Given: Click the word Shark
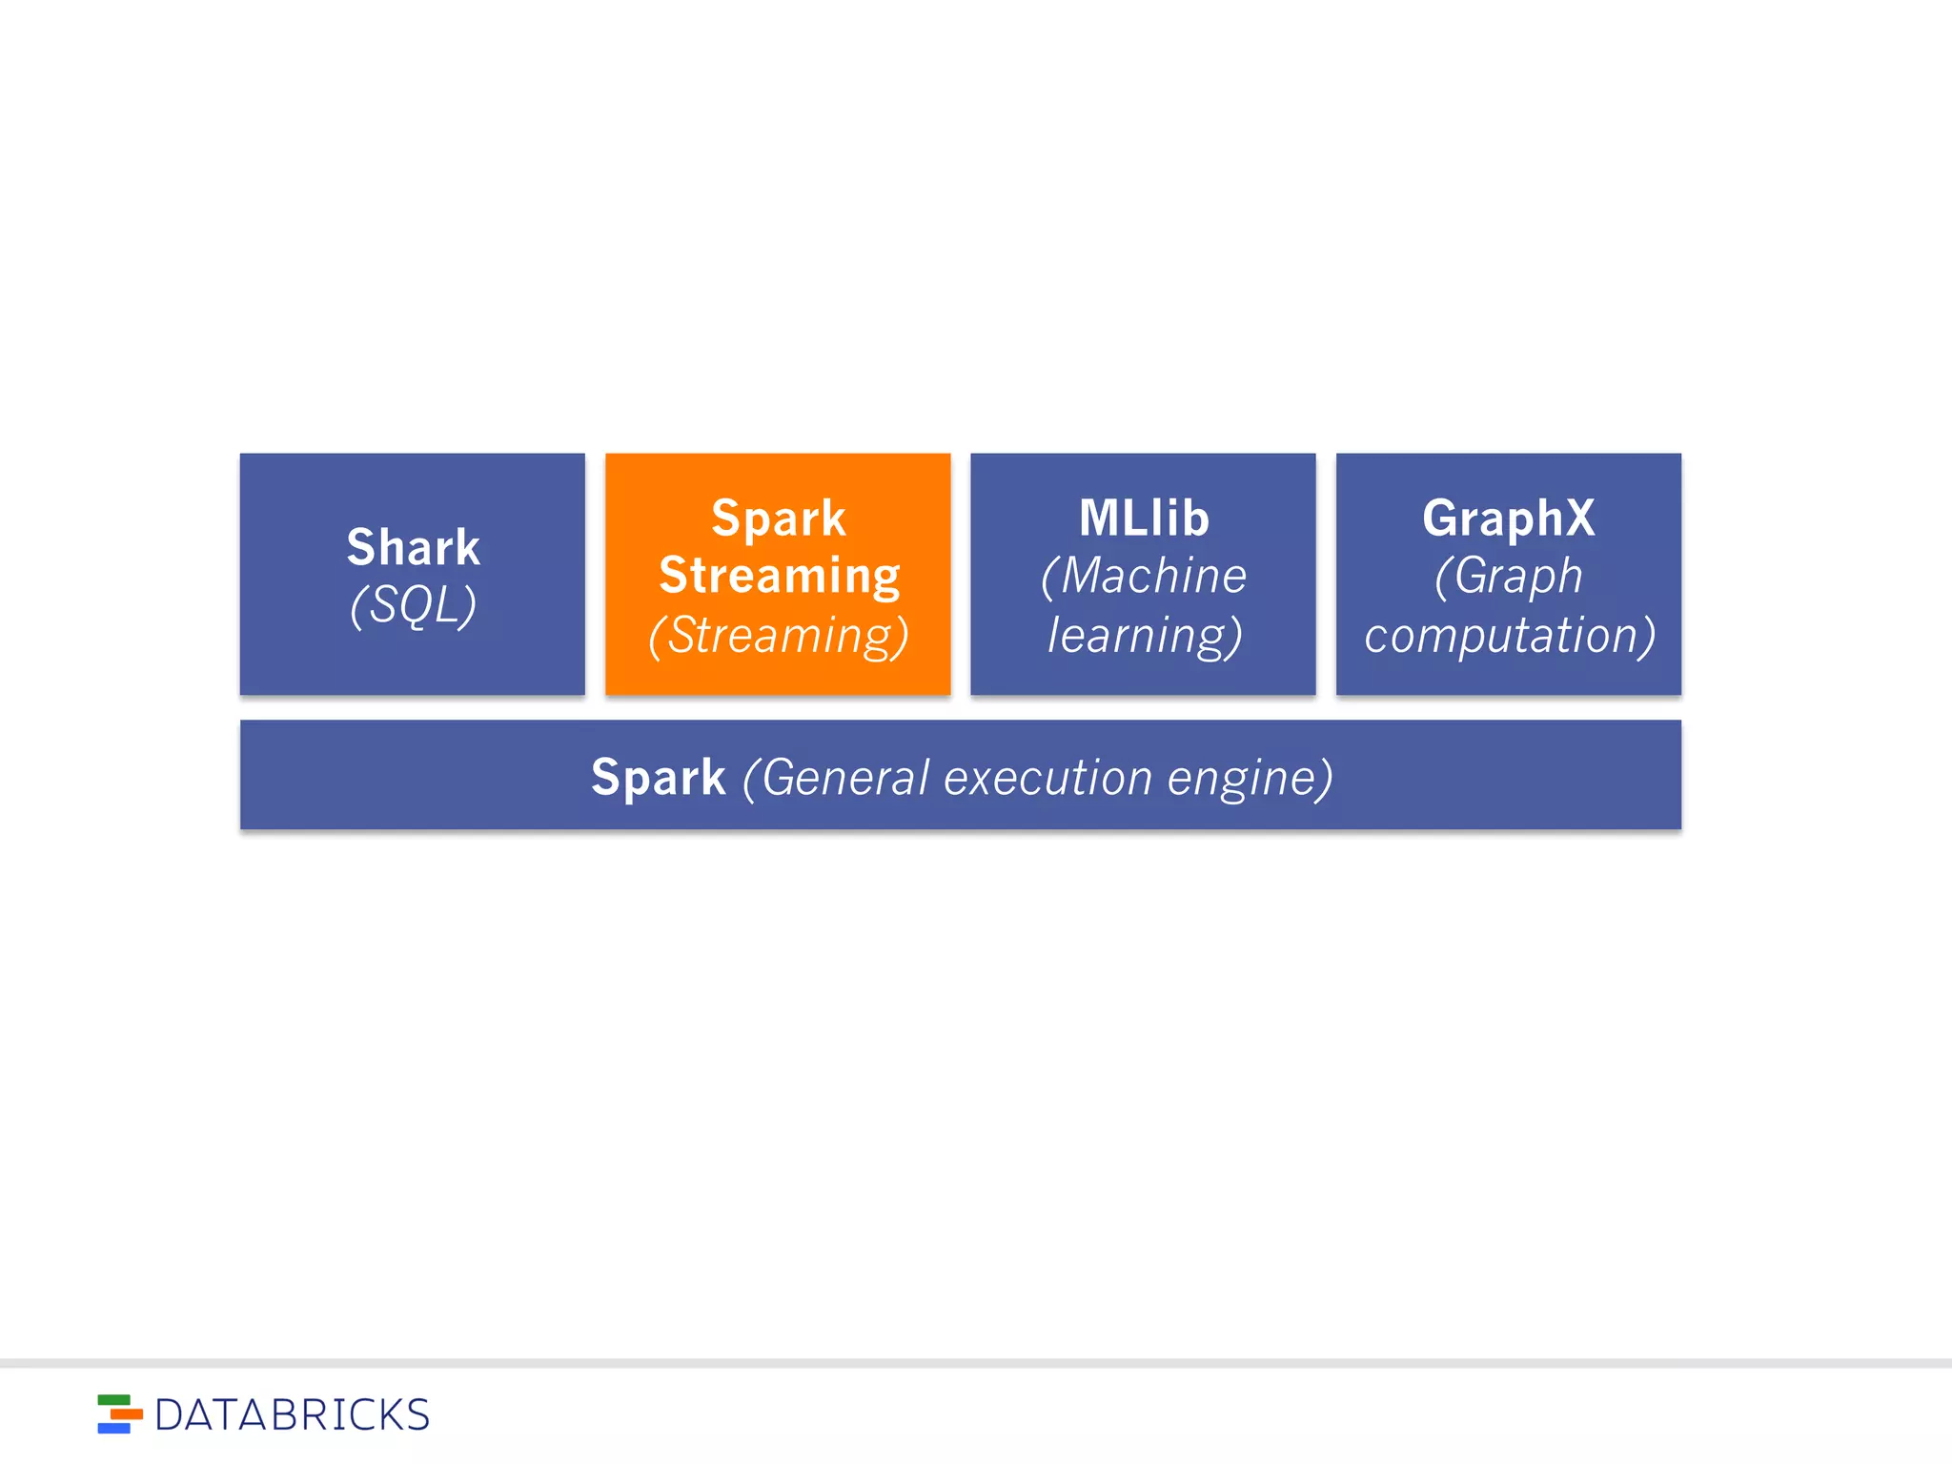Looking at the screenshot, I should (413, 547).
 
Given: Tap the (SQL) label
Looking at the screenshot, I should (413, 605).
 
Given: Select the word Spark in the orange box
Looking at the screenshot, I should (778, 519).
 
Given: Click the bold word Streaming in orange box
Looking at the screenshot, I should (779, 576).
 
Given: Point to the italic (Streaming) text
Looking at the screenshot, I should (778, 636).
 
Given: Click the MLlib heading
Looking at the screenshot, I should (1143, 518).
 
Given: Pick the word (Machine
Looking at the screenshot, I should (1143, 577).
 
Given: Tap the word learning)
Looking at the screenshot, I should (1144, 636).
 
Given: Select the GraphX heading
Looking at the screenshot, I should (1508, 518).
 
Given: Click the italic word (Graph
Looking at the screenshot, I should (1508, 577).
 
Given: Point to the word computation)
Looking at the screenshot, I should (1509, 636).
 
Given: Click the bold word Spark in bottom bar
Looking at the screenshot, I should (658, 777).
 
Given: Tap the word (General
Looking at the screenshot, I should (835, 778).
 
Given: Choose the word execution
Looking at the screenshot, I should (1047, 778).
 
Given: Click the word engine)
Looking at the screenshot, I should (1250, 778).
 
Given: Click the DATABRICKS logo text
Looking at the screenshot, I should (292, 1415).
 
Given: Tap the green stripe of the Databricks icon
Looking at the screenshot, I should (113, 1400).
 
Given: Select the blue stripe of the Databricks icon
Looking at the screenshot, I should (113, 1428).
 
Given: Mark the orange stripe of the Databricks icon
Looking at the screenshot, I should (126, 1414).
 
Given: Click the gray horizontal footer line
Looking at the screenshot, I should (976, 1363).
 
